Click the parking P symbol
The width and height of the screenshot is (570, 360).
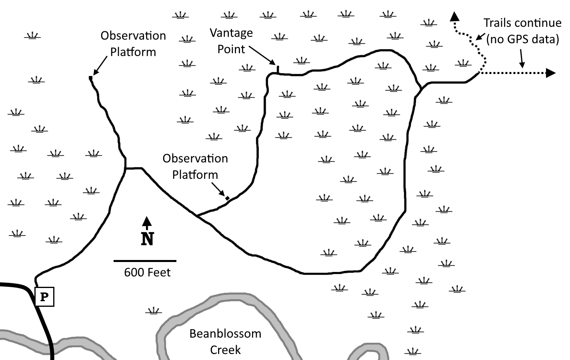[x=44, y=297]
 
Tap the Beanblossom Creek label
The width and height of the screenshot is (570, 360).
[x=225, y=342]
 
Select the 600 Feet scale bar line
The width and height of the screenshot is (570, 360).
[x=145, y=261]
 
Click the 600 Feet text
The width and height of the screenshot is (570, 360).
[x=147, y=272]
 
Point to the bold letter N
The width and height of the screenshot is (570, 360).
[x=147, y=239]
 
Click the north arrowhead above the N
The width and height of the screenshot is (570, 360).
[x=146, y=221]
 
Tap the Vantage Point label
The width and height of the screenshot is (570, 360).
[x=231, y=41]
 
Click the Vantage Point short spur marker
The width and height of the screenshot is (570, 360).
[x=278, y=70]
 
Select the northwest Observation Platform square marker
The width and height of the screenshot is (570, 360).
[x=90, y=78]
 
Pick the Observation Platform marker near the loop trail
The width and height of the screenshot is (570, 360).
[x=227, y=198]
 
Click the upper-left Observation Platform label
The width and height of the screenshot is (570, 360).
[x=133, y=44]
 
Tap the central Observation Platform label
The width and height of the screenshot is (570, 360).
[x=195, y=167]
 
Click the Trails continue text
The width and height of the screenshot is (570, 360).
[x=522, y=23]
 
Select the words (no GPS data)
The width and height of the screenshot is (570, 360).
[x=522, y=40]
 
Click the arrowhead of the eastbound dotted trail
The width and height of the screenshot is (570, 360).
[x=551, y=73]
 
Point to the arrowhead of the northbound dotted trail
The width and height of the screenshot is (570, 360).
[x=454, y=16]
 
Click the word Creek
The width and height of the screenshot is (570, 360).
[x=225, y=350]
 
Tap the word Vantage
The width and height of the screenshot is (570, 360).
[x=231, y=33]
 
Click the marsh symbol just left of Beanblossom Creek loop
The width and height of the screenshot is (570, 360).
[x=154, y=311]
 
